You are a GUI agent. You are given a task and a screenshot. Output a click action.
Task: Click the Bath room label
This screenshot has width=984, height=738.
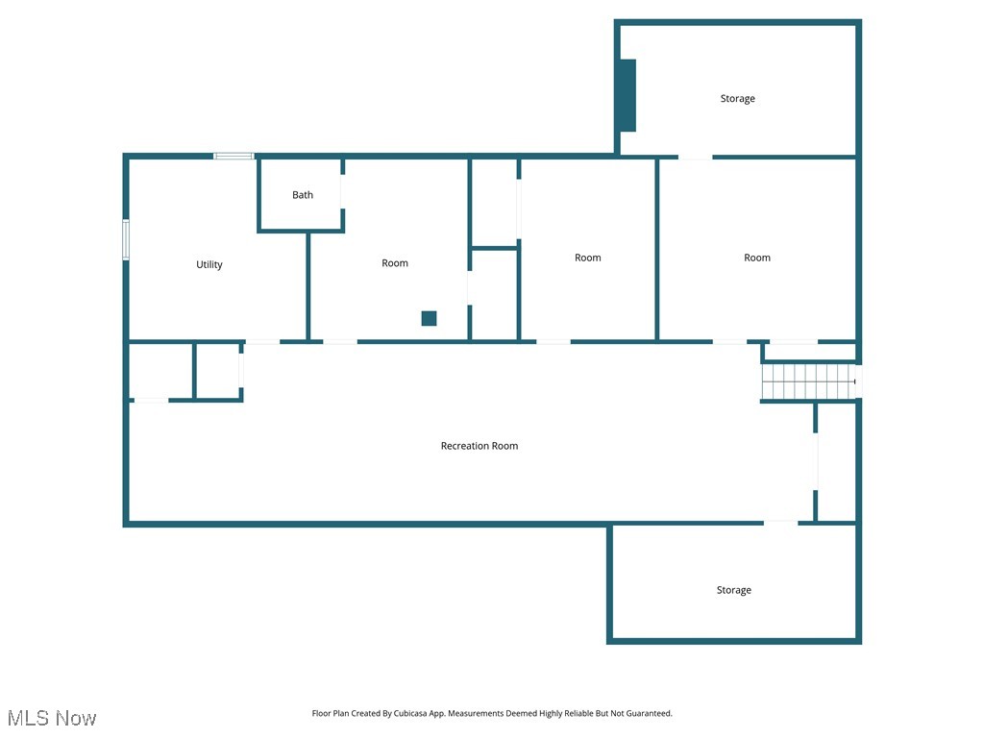pyautogui.click(x=303, y=195)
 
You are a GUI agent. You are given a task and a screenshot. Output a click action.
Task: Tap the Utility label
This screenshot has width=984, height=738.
pyautogui.click(x=209, y=264)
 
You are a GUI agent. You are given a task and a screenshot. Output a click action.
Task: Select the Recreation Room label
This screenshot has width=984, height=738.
pyautogui.click(x=480, y=446)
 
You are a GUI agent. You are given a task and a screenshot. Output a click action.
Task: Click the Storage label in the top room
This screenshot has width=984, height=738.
pyautogui.click(x=738, y=98)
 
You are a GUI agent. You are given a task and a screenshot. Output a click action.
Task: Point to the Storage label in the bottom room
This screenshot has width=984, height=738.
pyautogui.click(x=733, y=590)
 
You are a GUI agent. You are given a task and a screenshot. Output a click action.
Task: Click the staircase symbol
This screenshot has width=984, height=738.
pyautogui.click(x=808, y=381)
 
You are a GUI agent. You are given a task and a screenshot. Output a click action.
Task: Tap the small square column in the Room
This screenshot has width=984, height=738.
pyautogui.click(x=429, y=319)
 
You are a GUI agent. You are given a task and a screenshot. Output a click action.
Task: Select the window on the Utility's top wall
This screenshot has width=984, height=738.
pyautogui.click(x=234, y=156)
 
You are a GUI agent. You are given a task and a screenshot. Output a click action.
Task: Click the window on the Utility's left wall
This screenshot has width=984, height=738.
pyautogui.click(x=126, y=239)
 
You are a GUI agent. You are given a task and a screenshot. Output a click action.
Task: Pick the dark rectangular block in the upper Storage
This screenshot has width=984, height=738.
pyautogui.click(x=627, y=95)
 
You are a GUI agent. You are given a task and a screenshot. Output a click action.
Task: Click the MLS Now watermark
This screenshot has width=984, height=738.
pyautogui.click(x=52, y=718)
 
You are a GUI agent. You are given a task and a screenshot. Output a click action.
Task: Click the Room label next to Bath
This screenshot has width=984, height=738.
pyautogui.click(x=395, y=263)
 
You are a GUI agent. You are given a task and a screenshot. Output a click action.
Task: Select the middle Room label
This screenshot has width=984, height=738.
pyautogui.click(x=588, y=258)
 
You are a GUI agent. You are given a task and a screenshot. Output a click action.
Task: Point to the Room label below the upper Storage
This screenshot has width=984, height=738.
pyautogui.click(x=757, y=258)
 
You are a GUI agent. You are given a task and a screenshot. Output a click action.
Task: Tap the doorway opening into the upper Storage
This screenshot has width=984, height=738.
pyautogui.click(x=696, y=157)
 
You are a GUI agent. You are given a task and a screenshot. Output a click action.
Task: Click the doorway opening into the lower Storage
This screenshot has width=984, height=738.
pyautogui.click(x=780, y=523)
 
